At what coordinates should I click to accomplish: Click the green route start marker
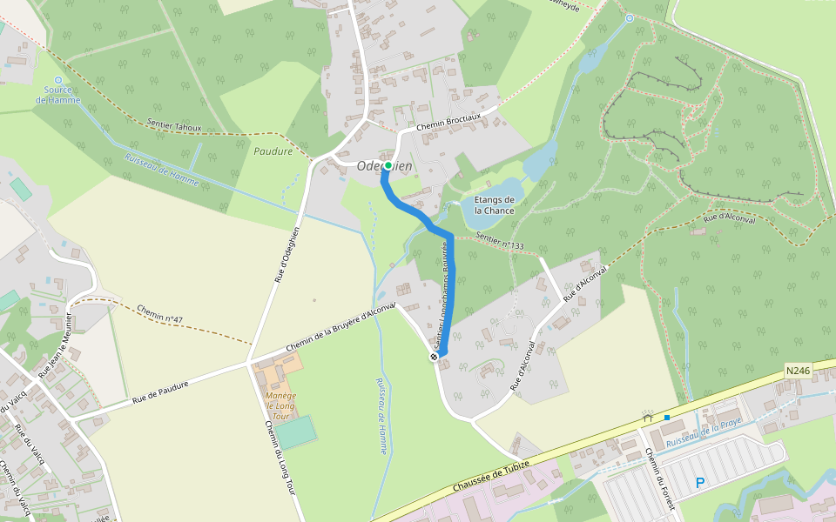pos(388,164)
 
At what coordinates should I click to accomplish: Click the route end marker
pos(433,357)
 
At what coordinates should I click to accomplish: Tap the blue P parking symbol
pos(700,483)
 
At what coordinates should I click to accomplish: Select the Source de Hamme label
pos(58,95)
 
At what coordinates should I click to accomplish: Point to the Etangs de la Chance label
pos(494,205)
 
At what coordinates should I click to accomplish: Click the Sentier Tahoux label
pos(174,127)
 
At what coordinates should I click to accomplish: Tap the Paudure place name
pos(273,151)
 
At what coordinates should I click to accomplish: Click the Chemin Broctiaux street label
pos(448,126)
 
